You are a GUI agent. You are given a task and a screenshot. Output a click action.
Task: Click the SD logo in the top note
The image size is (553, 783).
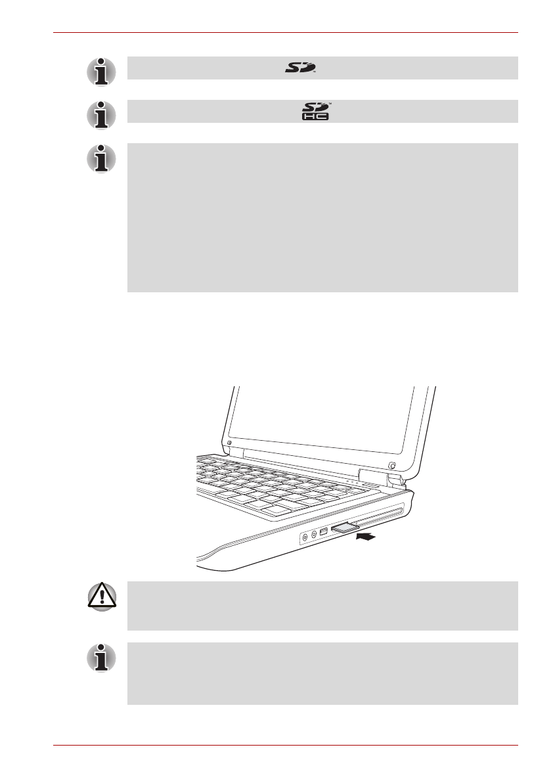(301, 68)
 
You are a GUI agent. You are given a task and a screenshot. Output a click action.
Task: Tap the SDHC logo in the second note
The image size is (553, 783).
(318, 111)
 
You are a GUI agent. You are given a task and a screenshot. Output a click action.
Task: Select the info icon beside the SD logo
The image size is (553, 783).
(101, 71)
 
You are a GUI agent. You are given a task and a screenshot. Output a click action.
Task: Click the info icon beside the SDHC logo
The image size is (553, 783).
(101, 114)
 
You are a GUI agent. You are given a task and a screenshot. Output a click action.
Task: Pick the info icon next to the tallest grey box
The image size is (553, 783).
(101, 158)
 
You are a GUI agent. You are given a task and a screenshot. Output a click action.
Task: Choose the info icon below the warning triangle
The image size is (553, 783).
(101, 657)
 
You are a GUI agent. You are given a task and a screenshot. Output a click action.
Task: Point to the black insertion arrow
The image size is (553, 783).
(366, 537)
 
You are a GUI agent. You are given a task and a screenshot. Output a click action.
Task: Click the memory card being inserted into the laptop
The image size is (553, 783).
(344, 527)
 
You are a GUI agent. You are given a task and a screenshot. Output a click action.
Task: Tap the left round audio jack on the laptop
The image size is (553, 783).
(304, 537)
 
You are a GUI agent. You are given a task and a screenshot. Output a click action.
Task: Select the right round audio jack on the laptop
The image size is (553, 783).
(314, 534)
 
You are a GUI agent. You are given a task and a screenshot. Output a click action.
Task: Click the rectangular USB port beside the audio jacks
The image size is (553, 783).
(324, 531)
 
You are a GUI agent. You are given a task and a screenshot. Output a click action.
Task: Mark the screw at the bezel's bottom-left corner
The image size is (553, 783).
(229, 443)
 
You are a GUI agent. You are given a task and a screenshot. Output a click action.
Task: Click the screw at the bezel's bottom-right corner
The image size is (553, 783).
(391, 466)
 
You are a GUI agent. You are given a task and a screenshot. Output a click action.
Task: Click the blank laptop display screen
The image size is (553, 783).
(322, 420)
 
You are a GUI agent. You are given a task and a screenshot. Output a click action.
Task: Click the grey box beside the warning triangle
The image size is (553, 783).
(322, 606)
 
